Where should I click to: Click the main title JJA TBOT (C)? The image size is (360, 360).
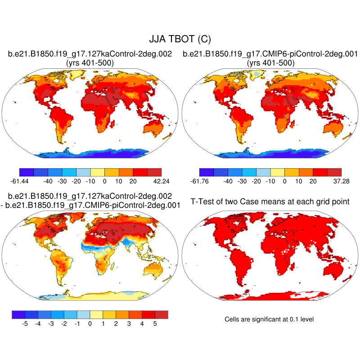[x=180, y=40]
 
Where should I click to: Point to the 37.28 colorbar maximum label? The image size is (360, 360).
[x=334, y=181]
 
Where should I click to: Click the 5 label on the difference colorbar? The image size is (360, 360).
[x=154, y=323]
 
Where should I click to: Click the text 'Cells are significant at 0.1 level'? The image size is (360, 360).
[x=269, y=319]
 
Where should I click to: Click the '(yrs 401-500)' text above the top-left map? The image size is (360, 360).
[x=90, y=63]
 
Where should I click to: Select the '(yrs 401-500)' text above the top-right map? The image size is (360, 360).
[x=270, y=63]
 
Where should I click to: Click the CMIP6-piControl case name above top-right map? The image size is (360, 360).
[x=270, y=54]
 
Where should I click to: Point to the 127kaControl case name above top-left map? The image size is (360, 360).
[x=90, y=54]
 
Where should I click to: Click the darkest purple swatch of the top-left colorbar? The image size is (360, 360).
[x=27, y=172]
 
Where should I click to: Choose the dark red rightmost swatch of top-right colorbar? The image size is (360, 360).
[x=334, y=172]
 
